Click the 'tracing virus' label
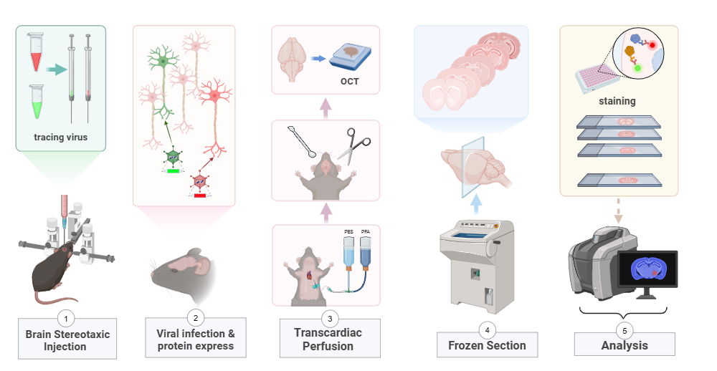(x=60, y=137)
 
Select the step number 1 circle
(x=65, y=317)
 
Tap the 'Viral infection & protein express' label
(x=195, y=340)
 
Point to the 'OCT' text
(x=349, y=81)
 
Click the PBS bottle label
(x=350, y=233)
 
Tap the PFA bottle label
(x=365, y=233)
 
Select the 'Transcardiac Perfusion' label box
(x=329, y=339)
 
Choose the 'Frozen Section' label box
(x=487, y=345)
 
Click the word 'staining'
(x=617, y=101)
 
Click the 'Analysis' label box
(x=625, y=345)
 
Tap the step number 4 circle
(x=487, y=329)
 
